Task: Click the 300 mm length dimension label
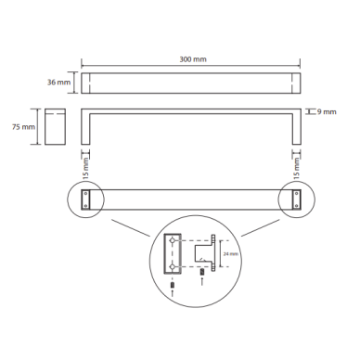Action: pyautogui.click(x=193, y=59)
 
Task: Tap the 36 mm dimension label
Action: pyautogui.click(x=58, y=83)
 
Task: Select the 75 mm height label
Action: pyautogui.click(x=23, y=127)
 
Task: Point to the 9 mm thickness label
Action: pyautogui.click(x=327, y=112)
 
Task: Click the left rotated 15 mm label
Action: pyautogui.click(x=85, y=168)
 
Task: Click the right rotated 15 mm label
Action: pyautogui.click(x=296, y=168)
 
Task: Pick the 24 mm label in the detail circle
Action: pyautogui.click(x=231, y=254)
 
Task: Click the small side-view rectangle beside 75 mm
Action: pyautogui.click(x=55, y=126)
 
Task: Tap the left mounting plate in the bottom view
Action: pyautogui.click(x=85, y=199)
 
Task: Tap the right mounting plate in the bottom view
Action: pyautogui.click(x=297, y=199)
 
